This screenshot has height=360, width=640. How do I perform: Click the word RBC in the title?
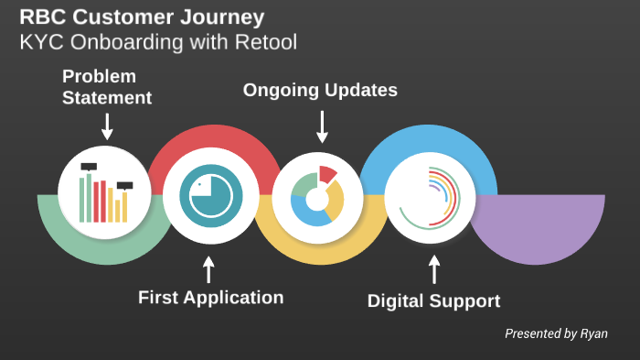[x=42, y=17]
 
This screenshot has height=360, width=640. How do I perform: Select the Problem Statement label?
[x=106, y=86]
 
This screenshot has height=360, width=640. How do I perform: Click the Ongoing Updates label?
[x=319, y=90]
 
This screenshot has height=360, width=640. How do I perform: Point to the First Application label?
[x=210, y=297]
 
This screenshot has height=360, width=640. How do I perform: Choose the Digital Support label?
[x=433, y=300]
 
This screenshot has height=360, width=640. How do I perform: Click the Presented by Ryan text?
[x=556, y=333]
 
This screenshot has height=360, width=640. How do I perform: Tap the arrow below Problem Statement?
[x=107, y=126]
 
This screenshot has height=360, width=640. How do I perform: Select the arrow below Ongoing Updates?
[x=322, y=127]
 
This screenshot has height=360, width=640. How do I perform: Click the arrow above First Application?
[x=208, y=269]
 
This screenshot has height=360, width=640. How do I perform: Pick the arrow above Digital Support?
[x=434, y=269]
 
